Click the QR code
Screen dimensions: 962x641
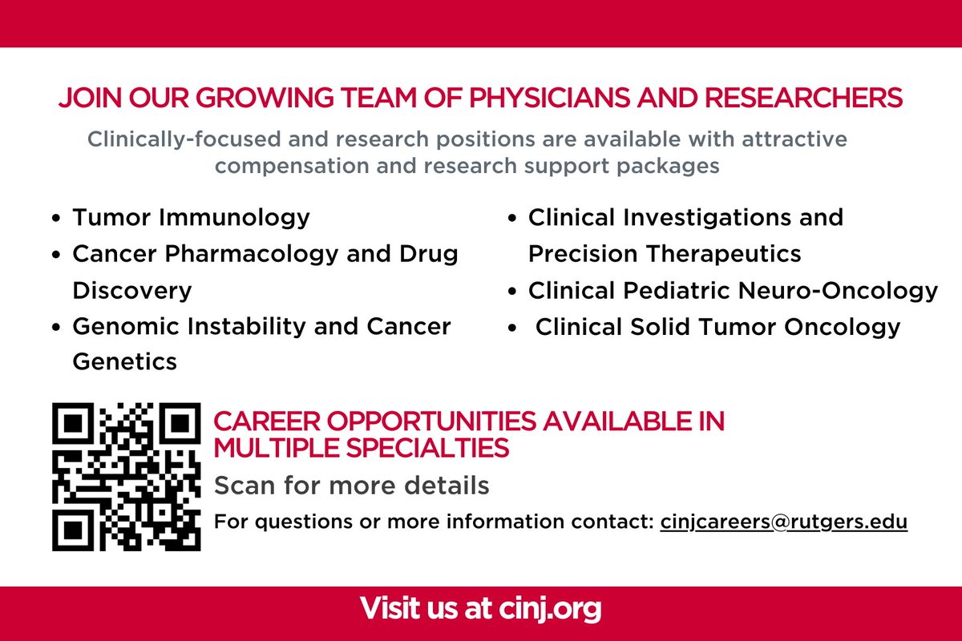point(127,477)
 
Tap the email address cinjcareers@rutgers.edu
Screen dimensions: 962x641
point(784,522)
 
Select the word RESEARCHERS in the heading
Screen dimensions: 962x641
point(803,98)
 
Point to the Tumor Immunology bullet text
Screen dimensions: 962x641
point(191,218)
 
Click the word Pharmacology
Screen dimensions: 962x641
point(252,254)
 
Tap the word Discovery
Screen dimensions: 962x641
point(132,291)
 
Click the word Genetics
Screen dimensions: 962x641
point(124,361)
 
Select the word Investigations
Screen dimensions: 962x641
point(707,218)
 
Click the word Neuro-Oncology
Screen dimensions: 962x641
point(838,291)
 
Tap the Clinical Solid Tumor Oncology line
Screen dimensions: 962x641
point(717,327)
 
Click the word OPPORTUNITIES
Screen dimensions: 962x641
point(431,421)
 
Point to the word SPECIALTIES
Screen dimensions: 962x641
point(427,448)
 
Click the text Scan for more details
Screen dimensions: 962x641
point(352,486)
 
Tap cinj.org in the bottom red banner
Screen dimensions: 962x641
point(550,609)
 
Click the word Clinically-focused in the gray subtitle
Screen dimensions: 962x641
point(184,139)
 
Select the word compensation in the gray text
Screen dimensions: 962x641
point(292,166)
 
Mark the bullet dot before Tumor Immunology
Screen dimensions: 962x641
point(56,218)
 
